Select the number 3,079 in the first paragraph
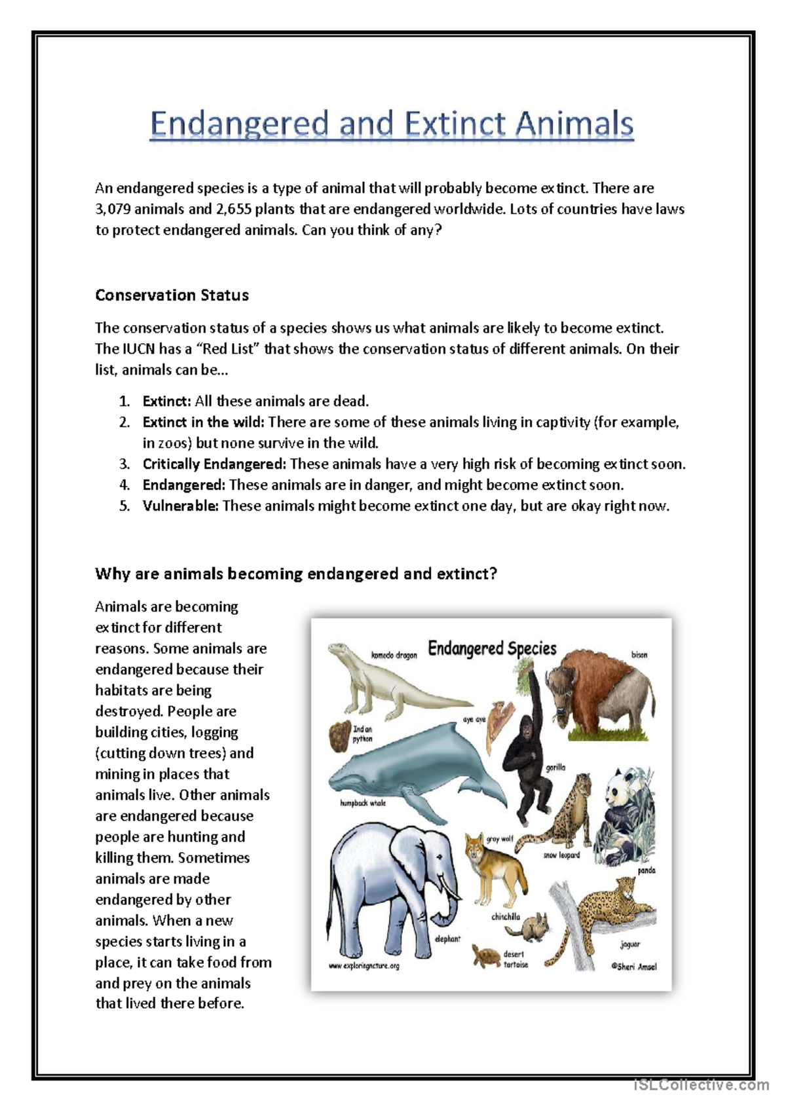(x=115, y=210)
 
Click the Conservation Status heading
(x=172, y=295)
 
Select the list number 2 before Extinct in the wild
(x=124, y=422)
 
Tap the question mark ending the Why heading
(x=493, y=574)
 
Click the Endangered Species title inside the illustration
(x=492, y=648)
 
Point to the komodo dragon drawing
(x=386, y=681)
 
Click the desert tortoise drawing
(x=486, y=956)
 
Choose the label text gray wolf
(x=500, y=839)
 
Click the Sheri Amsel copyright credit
(x=633, y=966)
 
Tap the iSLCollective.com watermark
(x=702, y=1085)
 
